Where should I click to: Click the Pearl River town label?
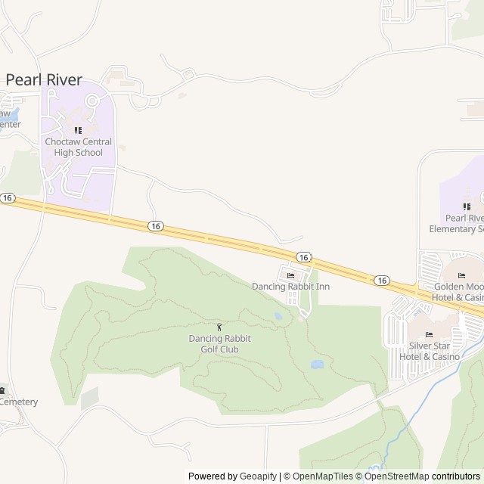pos(44,79)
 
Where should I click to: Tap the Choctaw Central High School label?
pos(78,147)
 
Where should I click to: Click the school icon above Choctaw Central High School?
pos(78,130)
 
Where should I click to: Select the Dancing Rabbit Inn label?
pos(291,287)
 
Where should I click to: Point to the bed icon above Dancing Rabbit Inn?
pos(291,275)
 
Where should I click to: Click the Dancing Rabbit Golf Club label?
pos(219,343)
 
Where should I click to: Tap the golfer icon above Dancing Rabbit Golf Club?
pos(219,327)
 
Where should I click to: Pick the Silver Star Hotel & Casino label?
pos(430,351)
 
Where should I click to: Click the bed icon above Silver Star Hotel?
pos(430,335)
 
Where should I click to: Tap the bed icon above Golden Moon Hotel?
pos(461,275)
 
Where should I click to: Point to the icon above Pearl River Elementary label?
pos(467,206)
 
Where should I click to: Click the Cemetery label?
pos(18,402)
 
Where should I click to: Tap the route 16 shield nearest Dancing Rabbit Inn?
pos(302,257)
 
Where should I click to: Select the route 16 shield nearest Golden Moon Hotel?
pos(382,281)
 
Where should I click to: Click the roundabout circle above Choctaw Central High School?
pos(92,101)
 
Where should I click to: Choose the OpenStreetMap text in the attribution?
pos(396,476)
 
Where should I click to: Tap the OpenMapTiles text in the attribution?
pos(323,476)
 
